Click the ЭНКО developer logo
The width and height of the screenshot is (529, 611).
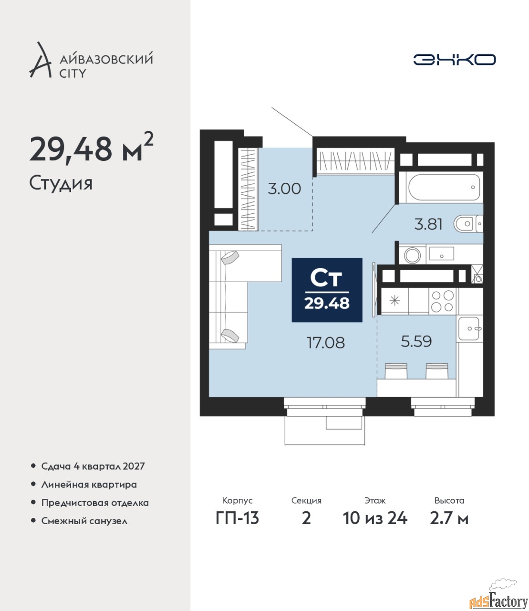pos(454,59)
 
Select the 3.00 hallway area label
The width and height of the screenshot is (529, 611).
pos(284,189)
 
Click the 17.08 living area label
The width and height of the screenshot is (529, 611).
pos(326,343)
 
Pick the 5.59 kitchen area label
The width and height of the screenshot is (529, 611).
pos(416,341)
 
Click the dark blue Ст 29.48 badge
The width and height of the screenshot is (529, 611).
pos(327,290)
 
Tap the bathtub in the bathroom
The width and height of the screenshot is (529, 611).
pos(444,188)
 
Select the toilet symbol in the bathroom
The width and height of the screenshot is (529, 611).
pos(468,224)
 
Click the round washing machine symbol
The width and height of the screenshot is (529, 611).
pos(412,255)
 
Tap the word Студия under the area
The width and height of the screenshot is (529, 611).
pos(61,184)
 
